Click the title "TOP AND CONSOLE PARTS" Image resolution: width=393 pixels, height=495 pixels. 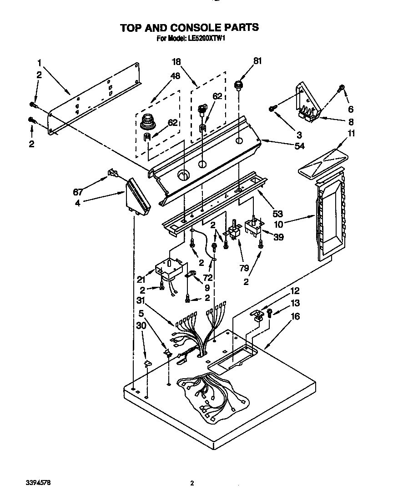point(189,28)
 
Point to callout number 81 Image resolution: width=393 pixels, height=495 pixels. point(257,60)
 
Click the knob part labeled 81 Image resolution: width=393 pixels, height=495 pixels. point(237,85)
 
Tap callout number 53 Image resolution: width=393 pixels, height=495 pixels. point(277,201)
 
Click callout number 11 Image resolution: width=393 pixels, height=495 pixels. point(339,134)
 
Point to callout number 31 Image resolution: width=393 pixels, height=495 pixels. point(141,300)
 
